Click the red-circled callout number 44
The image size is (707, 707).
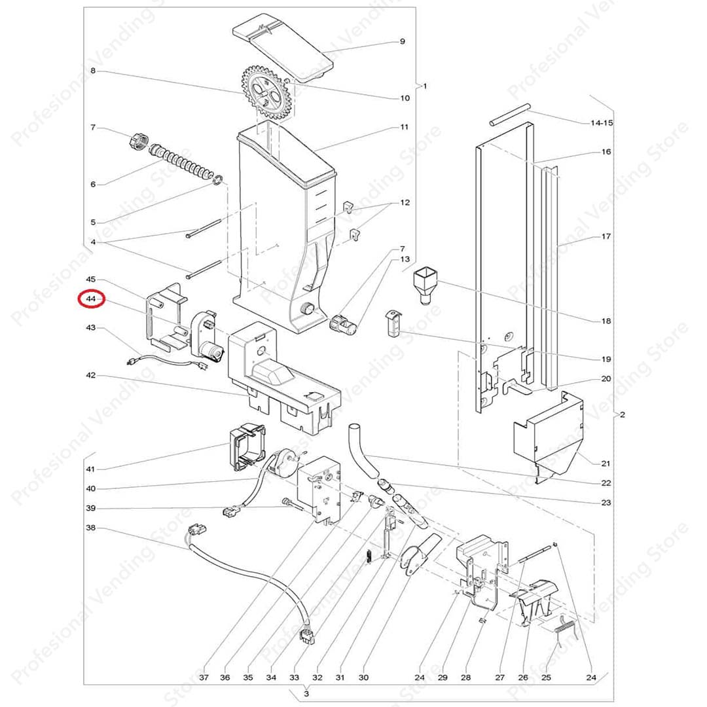[x=90, y=300]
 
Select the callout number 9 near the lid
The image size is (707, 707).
[x=403, y=42]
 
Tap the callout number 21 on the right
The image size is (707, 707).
[x=606, y=463]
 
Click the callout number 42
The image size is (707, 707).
[x=90, y=376]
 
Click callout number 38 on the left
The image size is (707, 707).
[x=90, y=528]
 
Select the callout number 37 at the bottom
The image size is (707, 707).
[x=204, y=677]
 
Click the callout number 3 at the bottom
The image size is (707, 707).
[x=306, y=693]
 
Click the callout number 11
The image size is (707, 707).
[x=404, y=127]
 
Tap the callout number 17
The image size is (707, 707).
[x=606, y=237]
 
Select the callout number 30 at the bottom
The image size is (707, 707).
[x=364, y=677]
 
